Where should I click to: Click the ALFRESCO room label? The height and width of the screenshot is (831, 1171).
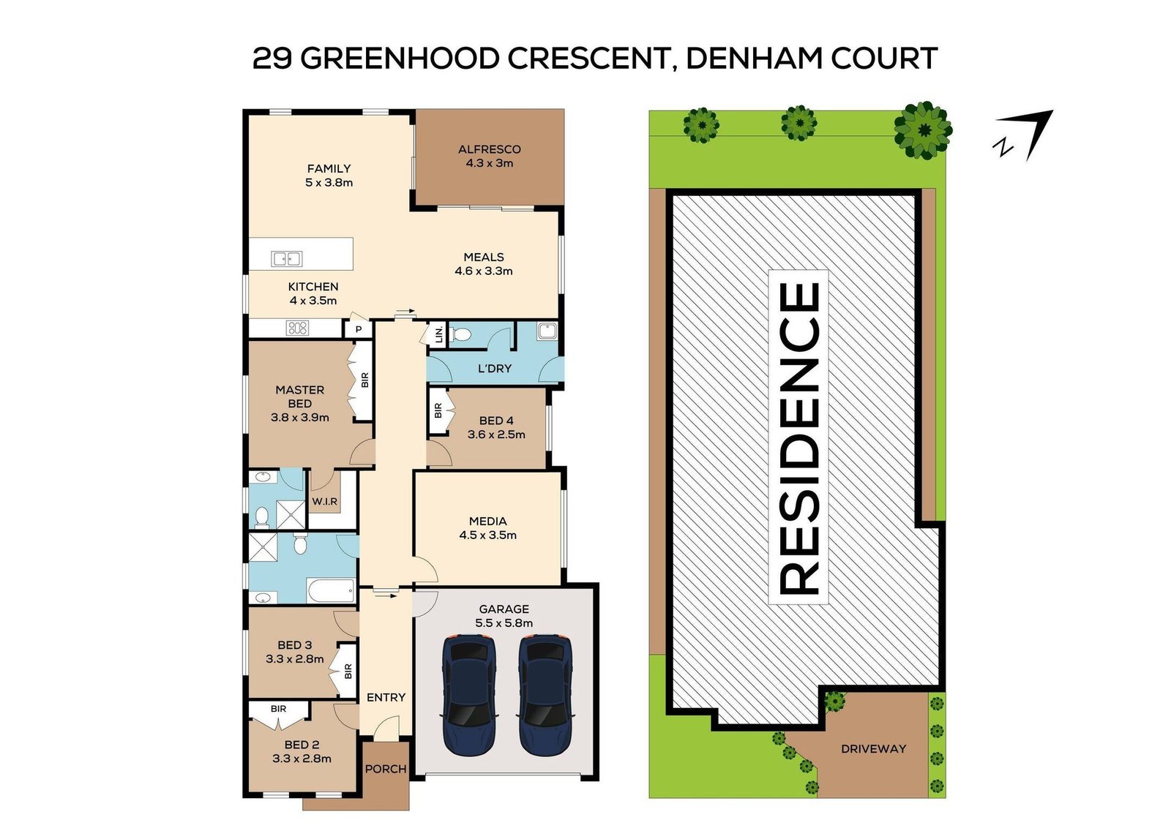tap(490, 149)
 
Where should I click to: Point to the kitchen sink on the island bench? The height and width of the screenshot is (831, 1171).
tap(287, 258)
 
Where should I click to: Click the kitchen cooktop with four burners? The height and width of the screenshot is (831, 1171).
tap(298, 328)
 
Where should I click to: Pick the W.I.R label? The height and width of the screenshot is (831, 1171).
tap(324, 501)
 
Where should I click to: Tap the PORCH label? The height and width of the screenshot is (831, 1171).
tap(386, 769)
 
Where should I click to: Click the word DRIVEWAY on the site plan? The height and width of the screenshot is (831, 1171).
tap(873, 749)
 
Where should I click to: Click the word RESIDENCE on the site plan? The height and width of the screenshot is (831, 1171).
tap(798, 437)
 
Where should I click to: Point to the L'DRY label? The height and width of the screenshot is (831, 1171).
tap(495, 369)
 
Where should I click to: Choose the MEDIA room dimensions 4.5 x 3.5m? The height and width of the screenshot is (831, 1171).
tap(488, 535)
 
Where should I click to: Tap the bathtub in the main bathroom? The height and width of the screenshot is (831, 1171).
tap(332, 591)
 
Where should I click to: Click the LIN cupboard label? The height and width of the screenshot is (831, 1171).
tap(438, 336)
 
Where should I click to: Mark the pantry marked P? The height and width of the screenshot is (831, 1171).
tap(359, 329)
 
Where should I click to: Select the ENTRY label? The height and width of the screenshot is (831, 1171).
tap(386, 698)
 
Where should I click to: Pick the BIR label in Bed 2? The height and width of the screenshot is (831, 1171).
tap(278, 709)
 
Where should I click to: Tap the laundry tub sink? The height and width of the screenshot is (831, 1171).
tap(546, 332)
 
